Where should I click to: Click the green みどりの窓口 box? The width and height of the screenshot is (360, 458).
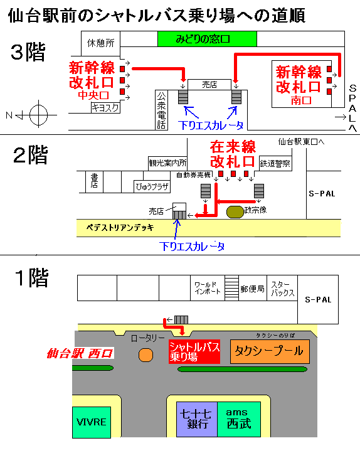[207, 39]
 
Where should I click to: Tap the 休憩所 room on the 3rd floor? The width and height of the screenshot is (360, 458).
[100, 43]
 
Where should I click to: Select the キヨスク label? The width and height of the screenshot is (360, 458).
[105, 108]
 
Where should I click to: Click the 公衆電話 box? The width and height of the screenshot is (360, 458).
[161, 110]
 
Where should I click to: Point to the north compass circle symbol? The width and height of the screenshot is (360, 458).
[38, 115]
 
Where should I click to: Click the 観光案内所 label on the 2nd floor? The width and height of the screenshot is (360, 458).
[167, 163]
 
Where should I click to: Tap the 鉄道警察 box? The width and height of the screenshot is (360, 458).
[275, 163]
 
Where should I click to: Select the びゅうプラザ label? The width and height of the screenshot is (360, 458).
[152, 186]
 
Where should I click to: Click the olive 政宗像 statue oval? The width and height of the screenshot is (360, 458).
[235, 212]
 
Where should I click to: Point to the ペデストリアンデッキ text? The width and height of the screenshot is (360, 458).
[120, 228]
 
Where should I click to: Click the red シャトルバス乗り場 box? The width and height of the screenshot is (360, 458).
[194, 352]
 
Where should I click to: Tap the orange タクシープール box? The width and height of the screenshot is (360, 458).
[270, 351]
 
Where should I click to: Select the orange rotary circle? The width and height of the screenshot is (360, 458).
[146, 355]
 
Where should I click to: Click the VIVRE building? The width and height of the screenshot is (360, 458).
[92, 422]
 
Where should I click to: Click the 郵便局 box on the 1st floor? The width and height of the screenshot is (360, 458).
[253, 288]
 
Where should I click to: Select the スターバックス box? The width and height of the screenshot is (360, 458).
[282, 288]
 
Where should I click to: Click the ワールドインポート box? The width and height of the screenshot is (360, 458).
[208, 288]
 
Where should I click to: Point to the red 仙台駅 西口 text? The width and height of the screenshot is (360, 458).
[80, 353]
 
